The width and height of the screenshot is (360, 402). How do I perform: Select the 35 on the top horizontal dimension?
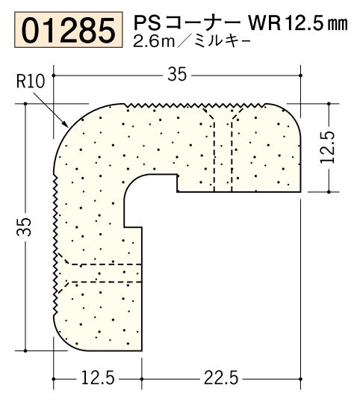tap(177, 73)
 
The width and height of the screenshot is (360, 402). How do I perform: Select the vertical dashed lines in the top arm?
tap(223, 149)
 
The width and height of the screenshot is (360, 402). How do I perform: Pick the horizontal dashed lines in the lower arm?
tap(101, 273)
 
